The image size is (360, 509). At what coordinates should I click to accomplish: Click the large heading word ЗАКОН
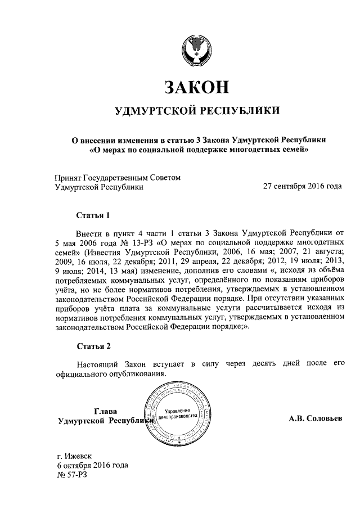click(x=196, y=87)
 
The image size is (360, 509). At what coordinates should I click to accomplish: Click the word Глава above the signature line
click(x=105, y=411)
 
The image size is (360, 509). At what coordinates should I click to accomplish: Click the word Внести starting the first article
click(x=90, y=232)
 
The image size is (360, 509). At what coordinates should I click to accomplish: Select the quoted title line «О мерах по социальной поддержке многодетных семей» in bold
click(x=200, y=150)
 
